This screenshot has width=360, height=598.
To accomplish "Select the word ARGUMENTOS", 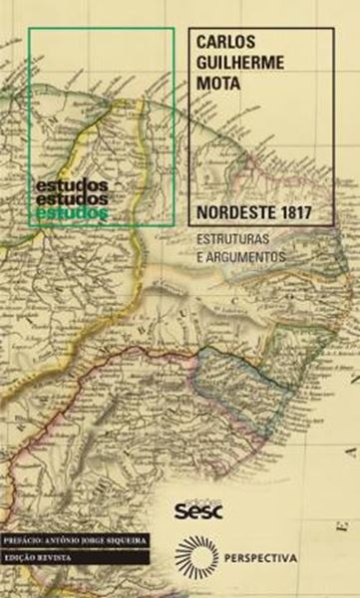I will pyautogui.click(x=249, y=256).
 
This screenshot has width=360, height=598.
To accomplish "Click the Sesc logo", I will pyautogui.click(x=196, y=512).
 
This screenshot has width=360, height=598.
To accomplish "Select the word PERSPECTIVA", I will pyautogui.click(x=263, y=557).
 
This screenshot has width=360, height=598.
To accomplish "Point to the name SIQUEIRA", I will pyautogui.click(x=126, y=539).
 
